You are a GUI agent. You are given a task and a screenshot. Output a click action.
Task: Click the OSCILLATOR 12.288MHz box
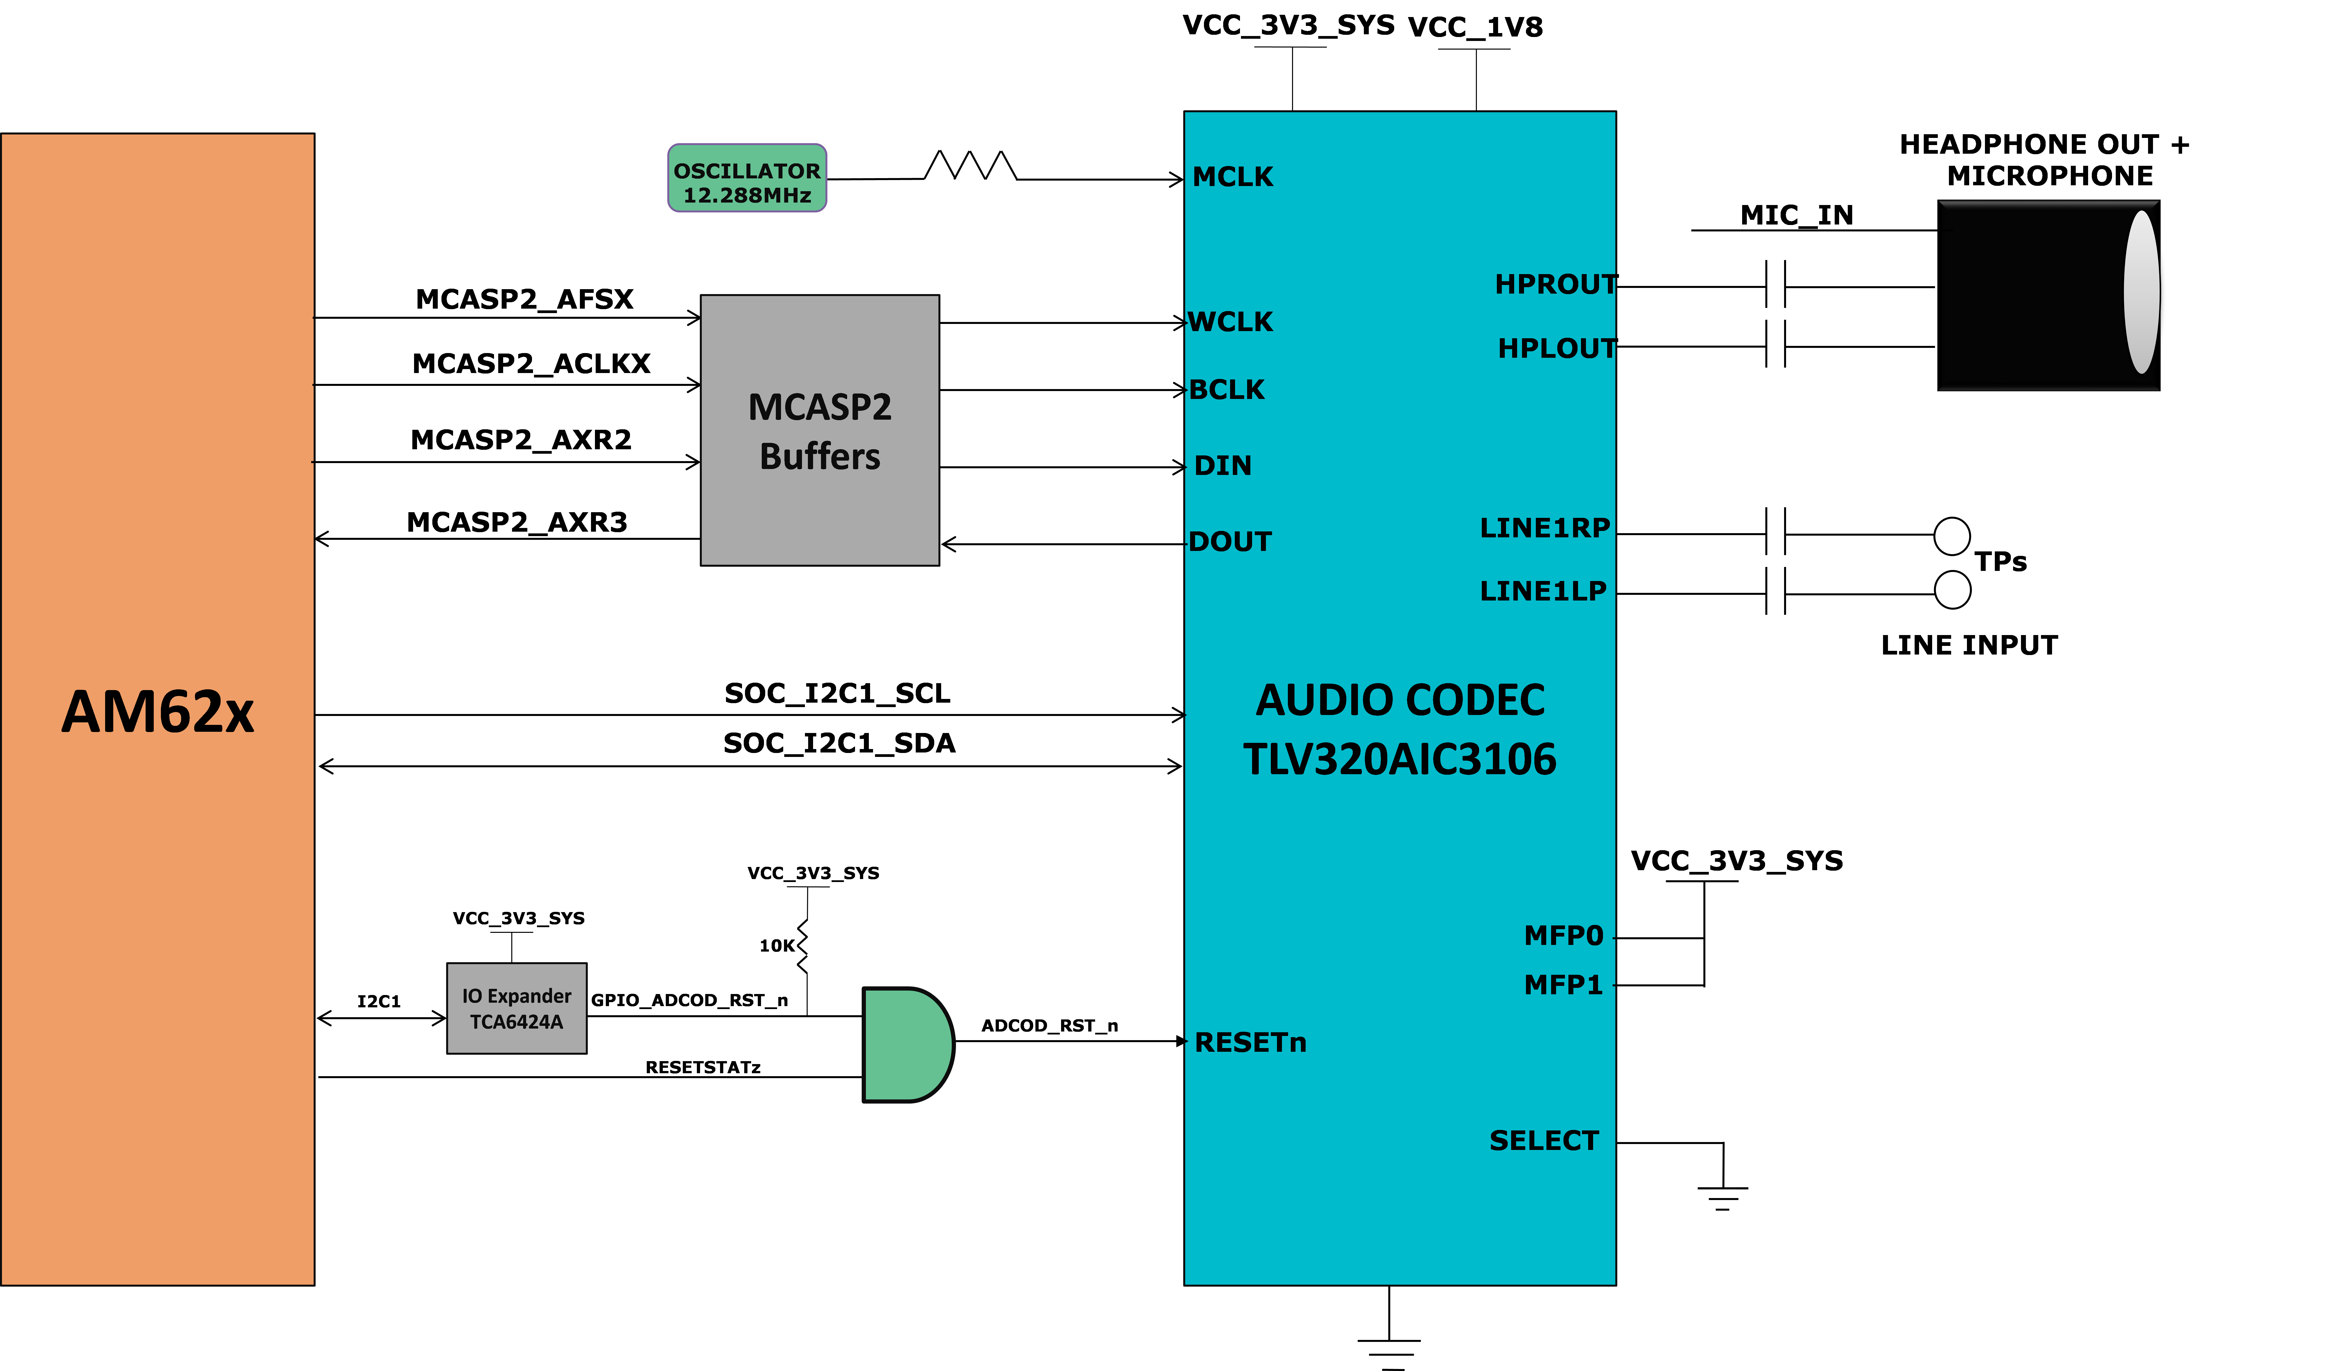click(747, 178)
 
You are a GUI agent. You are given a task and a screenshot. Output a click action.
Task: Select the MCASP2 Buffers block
click(819, 430)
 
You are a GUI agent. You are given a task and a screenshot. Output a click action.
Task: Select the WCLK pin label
click(1231, 322)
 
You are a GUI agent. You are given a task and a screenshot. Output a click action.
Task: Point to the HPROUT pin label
click(1555, 284)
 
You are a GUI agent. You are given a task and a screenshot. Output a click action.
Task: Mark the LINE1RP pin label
click(1544, 528)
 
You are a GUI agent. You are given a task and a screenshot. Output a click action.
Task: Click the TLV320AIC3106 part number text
click(1399, 759)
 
